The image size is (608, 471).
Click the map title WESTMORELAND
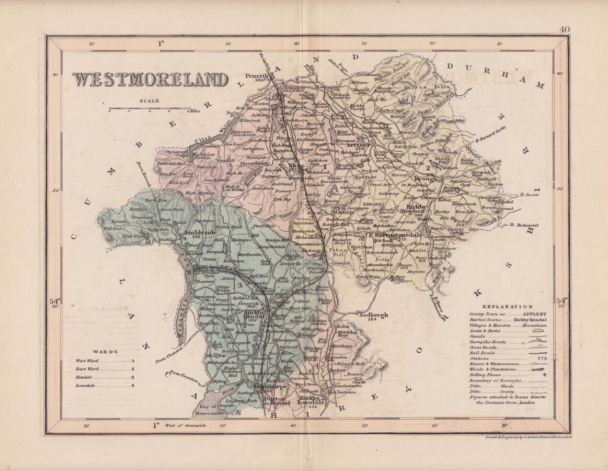pos(150,80)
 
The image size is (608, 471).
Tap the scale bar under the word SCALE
pos(150,109)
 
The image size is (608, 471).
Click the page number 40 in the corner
pos(564,30)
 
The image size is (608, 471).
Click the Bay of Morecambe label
pos(212,410)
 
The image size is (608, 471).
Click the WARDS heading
pos(105,352)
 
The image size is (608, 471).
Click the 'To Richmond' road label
pos(523,225)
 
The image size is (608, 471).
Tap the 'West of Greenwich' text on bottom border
pos(186,425)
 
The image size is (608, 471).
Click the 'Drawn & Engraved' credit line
pos(528,436)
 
